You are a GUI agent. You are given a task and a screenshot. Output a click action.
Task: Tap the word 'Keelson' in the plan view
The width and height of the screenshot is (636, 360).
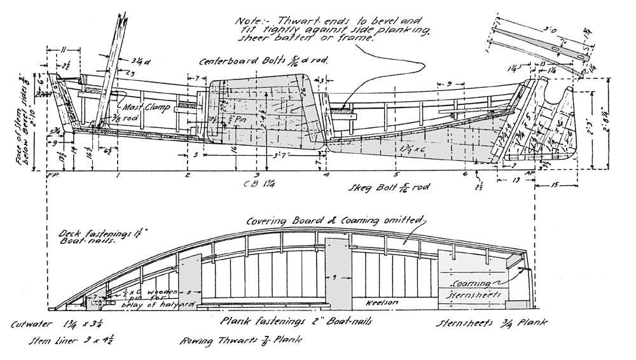click(x=382, y=303)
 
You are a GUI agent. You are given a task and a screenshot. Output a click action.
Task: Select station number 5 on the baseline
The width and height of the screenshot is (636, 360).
click(x=396, y=174)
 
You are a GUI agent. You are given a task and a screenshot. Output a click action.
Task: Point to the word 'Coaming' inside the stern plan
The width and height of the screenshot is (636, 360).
click(x=469, y=284)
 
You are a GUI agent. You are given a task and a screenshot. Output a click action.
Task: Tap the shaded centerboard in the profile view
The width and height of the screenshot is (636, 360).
click(x=261, y=114)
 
